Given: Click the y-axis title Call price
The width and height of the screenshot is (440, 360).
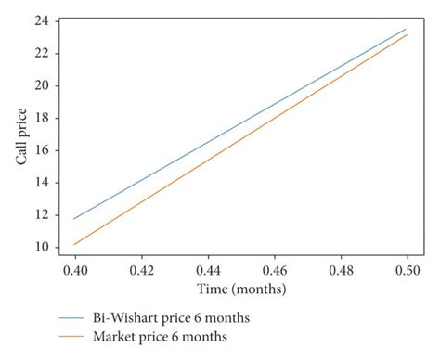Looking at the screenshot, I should click(21, 135).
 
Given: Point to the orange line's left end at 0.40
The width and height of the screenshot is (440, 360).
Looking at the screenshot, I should click(75, 244).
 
